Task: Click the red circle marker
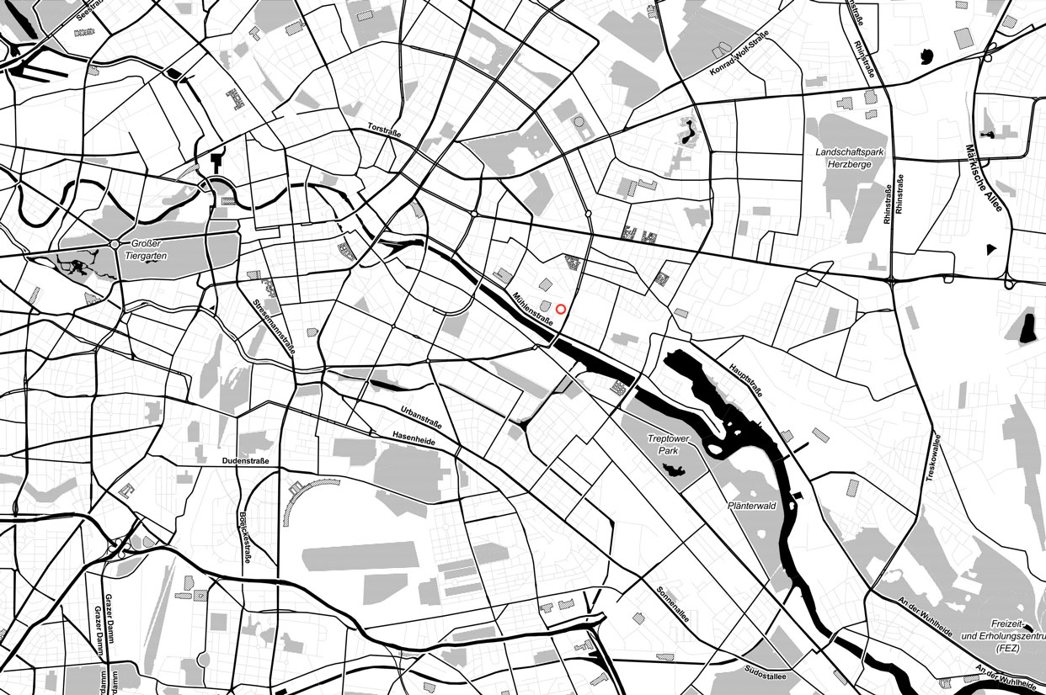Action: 561,310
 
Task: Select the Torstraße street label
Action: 384,131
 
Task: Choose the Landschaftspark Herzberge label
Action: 849,159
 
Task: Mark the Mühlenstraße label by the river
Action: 532,309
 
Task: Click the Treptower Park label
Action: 669,445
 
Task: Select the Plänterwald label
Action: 750,507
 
